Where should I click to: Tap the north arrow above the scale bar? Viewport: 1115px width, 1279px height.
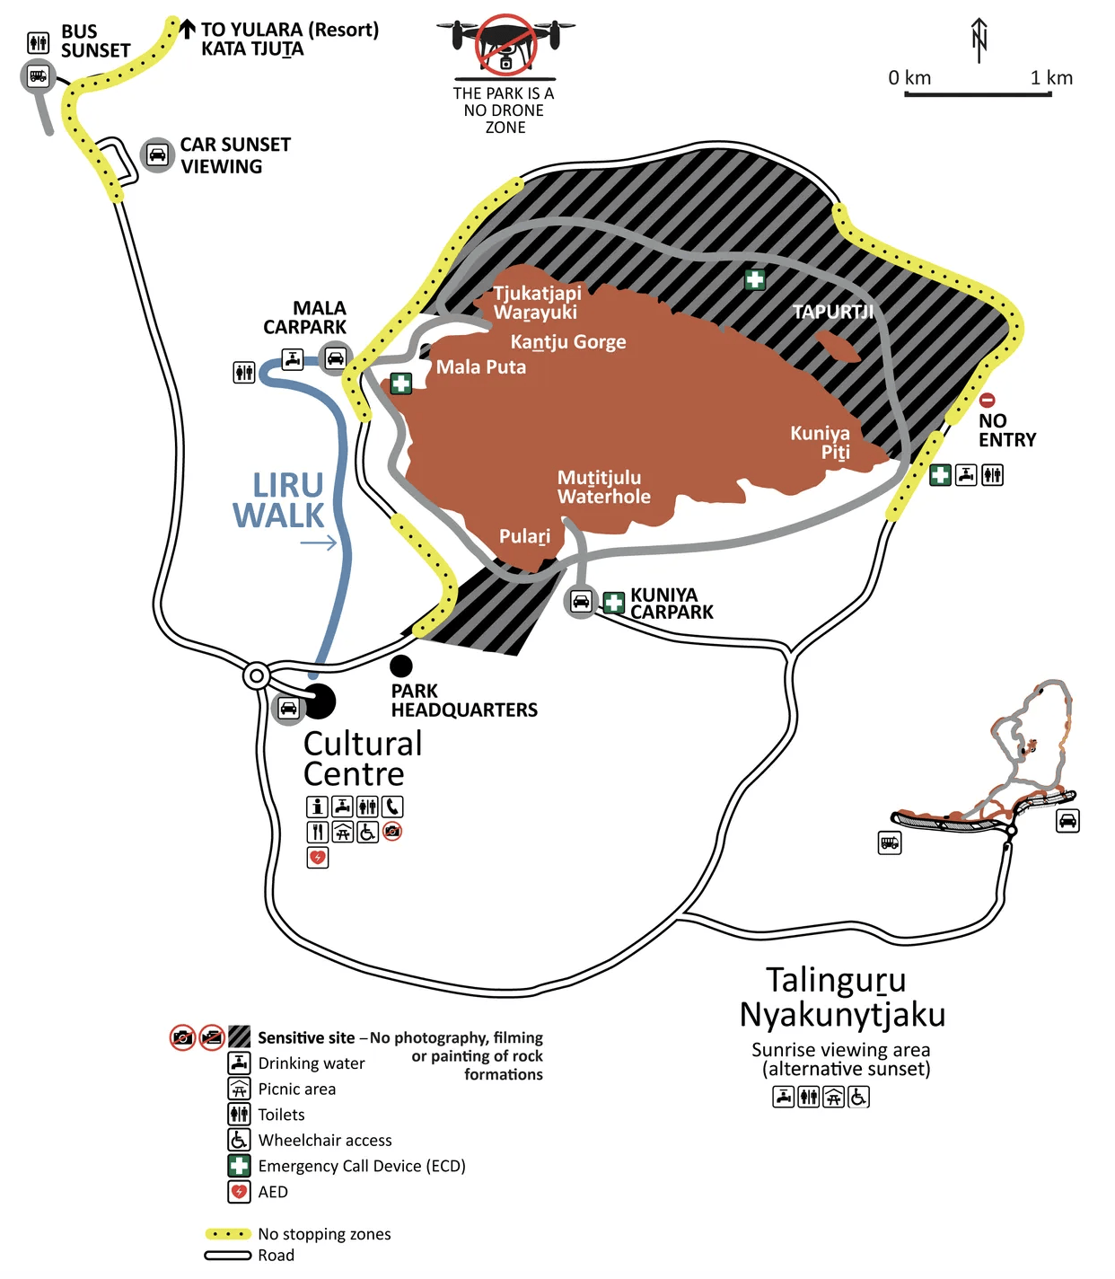click(979, 40)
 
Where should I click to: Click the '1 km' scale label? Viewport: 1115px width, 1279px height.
click(1051, 77)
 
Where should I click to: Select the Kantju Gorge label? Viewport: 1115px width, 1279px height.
click(568, 341)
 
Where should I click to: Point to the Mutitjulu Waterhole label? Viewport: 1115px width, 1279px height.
click(603, 487)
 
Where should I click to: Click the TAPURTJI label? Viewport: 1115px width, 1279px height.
click(832, 312)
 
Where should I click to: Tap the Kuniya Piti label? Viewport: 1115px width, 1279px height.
click(820, 442)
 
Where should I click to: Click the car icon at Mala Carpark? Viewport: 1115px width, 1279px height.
click(335, 358)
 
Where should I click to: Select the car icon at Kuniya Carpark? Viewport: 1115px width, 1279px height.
click(581, 601)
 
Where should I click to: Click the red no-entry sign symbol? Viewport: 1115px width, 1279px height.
click(987, 401)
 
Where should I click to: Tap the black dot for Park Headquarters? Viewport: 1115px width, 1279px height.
click(401, 666)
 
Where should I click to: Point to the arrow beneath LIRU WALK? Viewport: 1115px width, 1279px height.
click(319, 542)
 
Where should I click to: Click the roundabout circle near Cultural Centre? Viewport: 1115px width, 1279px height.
click(257, 675)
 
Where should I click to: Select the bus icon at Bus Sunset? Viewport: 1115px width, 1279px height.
click(38, 76)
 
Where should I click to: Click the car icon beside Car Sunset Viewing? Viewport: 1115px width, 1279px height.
click(157, 155)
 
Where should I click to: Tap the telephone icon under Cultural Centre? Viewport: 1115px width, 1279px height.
click(392, 807)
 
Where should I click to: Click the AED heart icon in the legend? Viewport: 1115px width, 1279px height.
click(239, 1192)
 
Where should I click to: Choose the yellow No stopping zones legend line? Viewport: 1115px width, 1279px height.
click(228, 1234)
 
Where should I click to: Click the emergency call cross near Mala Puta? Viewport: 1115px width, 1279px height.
click(400, 384)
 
